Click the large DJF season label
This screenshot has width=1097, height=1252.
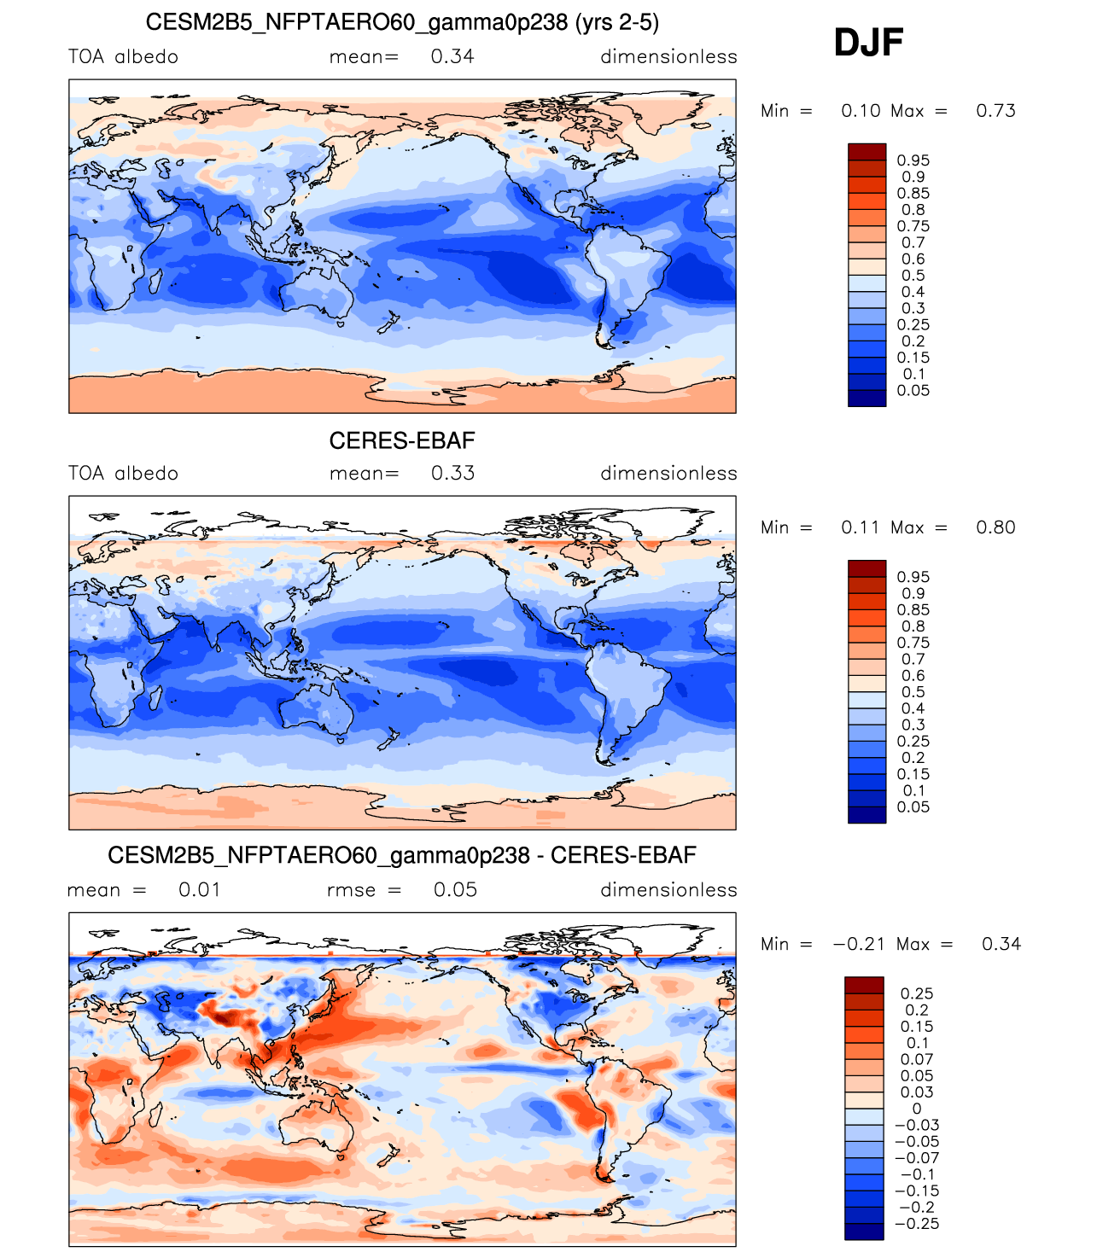click(868, 43)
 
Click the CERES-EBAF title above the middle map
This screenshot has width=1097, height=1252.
click(402, 440)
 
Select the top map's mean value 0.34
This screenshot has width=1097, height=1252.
click(452, 57)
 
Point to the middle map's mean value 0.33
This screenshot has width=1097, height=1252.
click(452, 474)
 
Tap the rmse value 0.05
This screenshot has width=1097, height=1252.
click(455, 890)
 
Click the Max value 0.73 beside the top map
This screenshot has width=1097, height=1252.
click(995, 111)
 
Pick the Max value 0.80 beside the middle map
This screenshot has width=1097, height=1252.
click(995, 527)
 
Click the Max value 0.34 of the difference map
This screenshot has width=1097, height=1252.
click(1001, 944)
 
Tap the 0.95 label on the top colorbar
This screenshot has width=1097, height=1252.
click(913, 160)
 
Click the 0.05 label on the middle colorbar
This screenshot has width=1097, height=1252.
click(913, 807)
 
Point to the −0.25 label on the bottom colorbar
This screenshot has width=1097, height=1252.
click(916, 1224)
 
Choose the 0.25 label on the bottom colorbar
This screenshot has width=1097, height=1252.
click(917, 993)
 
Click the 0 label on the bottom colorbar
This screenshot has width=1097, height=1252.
click(917, 1109)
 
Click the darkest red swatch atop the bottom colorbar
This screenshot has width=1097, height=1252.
click(864, 986)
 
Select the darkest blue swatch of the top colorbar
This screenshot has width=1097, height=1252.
click(867, 399)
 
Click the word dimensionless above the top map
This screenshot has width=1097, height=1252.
click(668, 57)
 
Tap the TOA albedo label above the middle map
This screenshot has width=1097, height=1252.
click(124, 474)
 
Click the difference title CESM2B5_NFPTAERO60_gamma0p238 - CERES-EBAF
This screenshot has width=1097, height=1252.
click(402, 855)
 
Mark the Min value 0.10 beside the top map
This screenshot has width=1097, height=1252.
click(861, 111)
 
